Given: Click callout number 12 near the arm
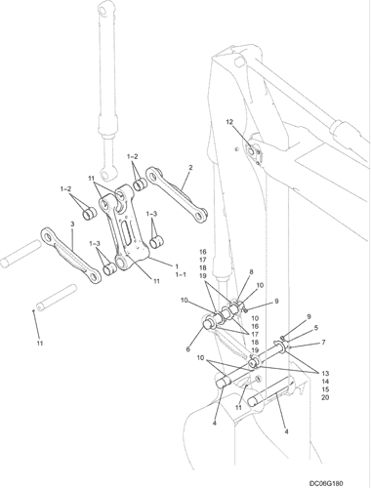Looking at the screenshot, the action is coord(229,122).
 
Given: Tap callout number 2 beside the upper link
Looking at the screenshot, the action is coord(190,168).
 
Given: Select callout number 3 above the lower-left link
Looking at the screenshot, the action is coord(72,224).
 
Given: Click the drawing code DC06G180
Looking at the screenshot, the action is coord(326,483).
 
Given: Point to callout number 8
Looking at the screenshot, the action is coord(250,271).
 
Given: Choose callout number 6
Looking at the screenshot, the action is coord(187,349).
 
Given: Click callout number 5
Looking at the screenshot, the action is coord(316,328).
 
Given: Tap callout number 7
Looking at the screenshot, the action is coord(323,343).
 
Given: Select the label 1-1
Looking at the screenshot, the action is coord(181,274).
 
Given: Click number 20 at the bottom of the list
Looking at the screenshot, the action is coord(325,397).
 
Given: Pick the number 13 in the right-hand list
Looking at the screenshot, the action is coord(325,373).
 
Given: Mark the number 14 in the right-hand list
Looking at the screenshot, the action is coord(325,382).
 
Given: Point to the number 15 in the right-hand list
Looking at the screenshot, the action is coord(325,389).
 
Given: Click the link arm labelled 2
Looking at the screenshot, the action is coord(177,195).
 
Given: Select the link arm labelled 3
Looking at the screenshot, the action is coord(70,256).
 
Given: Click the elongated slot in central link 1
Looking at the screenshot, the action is coord(126,232).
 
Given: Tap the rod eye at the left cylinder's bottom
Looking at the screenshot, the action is coord(106,175).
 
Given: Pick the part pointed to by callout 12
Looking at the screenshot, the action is coord(252,151).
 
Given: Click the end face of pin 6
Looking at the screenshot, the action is coord(207,323).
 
